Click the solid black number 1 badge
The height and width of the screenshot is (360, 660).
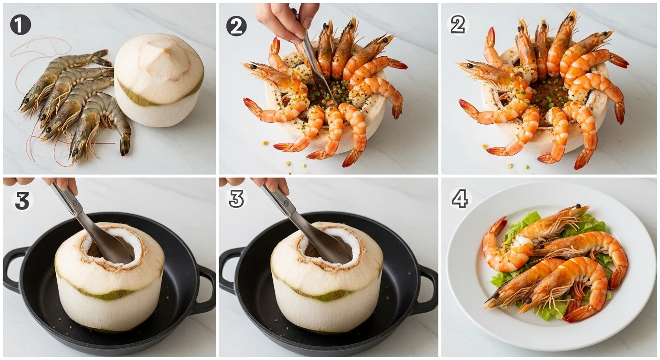[x=20, y=25]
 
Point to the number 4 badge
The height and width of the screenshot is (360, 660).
[x=460, y=199]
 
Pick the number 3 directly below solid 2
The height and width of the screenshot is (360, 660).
[x=237, y=199]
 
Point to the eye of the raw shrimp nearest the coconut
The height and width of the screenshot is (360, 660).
[x=75, y=152]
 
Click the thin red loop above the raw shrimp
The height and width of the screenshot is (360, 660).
[x=41, y=47]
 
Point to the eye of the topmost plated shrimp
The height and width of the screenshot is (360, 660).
[x=578, y=206]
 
